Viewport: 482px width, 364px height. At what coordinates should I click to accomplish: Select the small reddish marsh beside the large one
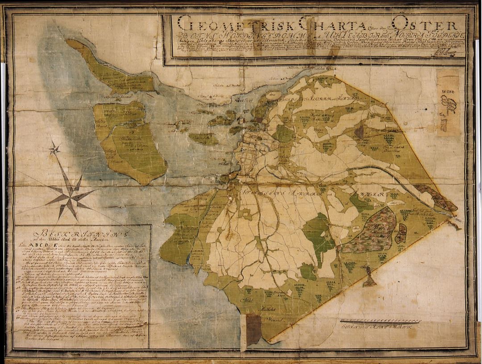pyautogui.click(x=401, y=233)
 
